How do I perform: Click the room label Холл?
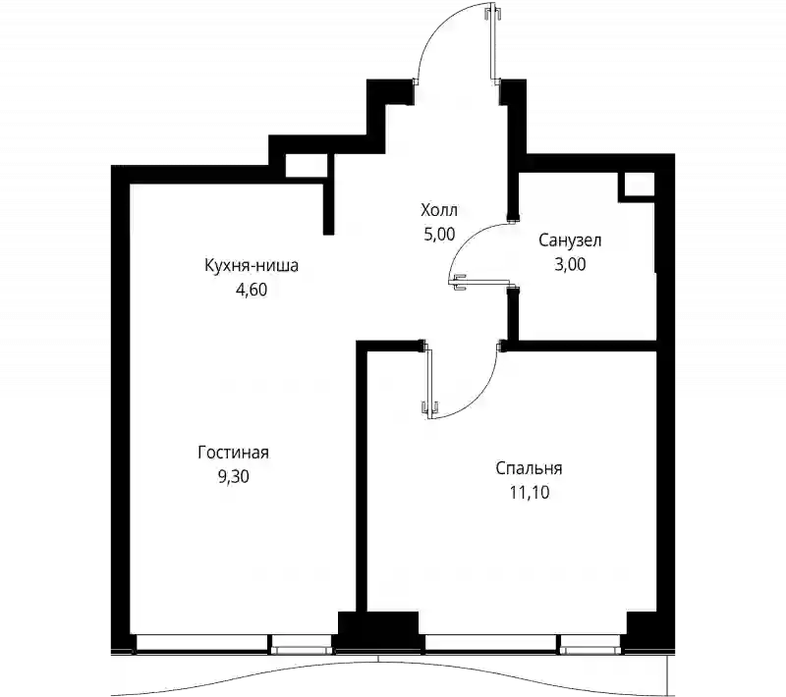(439, 210)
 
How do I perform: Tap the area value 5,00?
(439, 234)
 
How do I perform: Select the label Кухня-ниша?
(252, 265)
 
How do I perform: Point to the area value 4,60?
(252, 290)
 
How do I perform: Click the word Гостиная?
(233, 453)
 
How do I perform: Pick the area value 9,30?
(233, 476)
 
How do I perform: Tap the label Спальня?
(529, 468)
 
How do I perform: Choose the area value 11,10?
(530, 493)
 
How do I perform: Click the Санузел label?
(570, 241)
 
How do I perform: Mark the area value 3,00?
(570, 264)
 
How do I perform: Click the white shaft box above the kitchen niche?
(307, 165)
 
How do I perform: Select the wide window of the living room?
(201, 642)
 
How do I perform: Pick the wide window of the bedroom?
(490, 642)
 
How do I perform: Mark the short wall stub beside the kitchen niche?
(328, 194)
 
